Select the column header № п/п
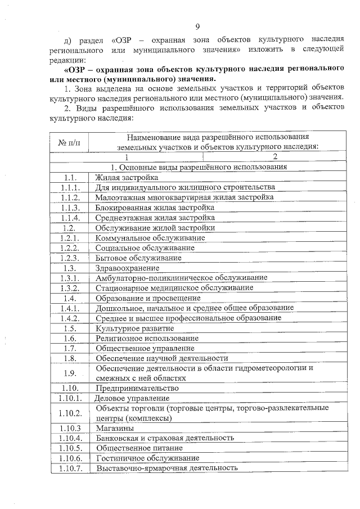click(x=70, y=142)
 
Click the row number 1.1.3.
click(x=70, y=208)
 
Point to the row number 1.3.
click(x=70, y=268)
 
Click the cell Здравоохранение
click(x=127, y=268)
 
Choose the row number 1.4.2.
click(x=70, y=318)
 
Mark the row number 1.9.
click(x=70, y=373)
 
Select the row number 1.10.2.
click(x=70, y=413)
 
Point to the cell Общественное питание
click(x=139, y=448)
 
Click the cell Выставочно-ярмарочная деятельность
click(x=167, y=468)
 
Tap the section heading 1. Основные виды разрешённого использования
click(x=199, y=167)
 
